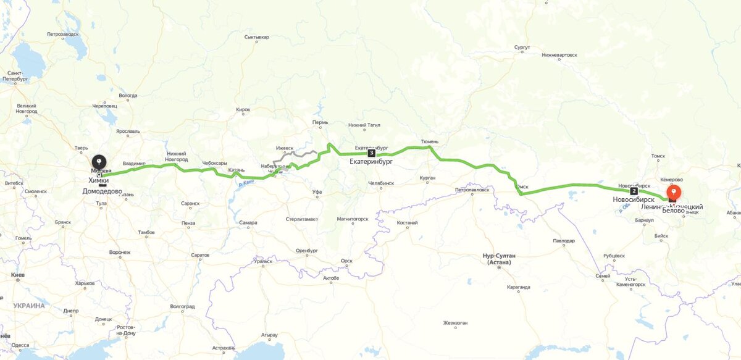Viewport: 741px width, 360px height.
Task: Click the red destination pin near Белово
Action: tap(674, 192)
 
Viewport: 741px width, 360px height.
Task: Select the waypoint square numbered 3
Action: tap(371, 153)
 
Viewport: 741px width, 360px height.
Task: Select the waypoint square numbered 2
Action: tap(634, 191)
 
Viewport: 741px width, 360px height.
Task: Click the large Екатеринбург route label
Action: tap(371, 162)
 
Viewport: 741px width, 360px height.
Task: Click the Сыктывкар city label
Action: tap(257, 37)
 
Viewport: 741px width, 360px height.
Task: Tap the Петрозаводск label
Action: tap(63, 33)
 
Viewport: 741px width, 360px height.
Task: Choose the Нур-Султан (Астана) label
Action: tap(498, 259)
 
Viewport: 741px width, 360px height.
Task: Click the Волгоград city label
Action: tap(182, 306)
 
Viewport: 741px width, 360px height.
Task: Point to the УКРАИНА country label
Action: tap(29, 306)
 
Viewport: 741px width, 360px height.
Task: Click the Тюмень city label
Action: tap(429, 141)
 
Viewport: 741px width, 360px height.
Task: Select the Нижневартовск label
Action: tap(559, 55)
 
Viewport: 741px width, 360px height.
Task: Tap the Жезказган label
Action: tap(455, 323)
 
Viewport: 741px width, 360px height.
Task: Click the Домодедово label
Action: tap(106, 191)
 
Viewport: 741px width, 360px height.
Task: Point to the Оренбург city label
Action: tap(306, 250)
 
